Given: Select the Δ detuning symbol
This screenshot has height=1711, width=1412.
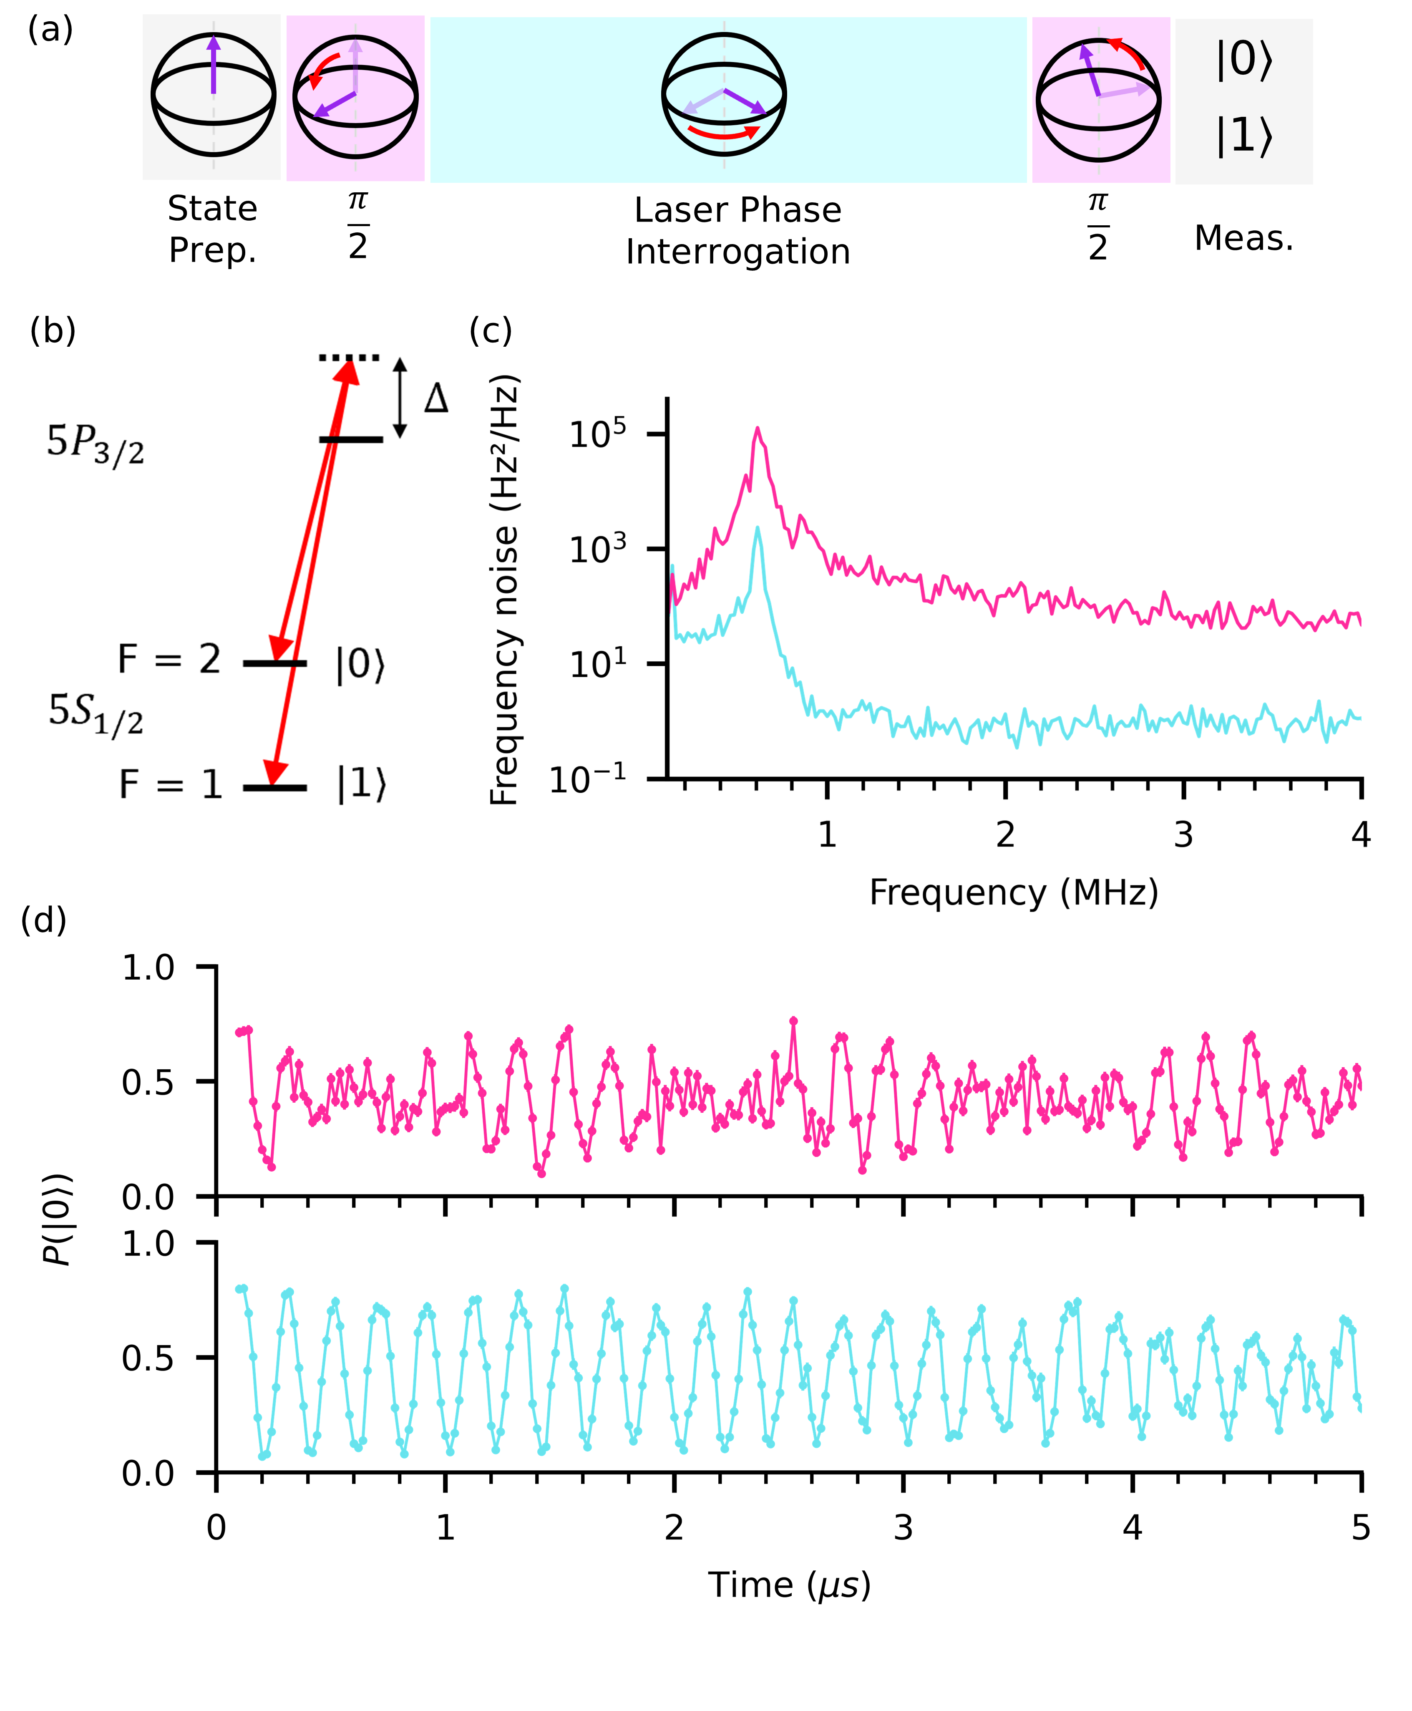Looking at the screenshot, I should point(436,399).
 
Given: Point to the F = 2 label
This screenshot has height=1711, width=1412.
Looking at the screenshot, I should point(169,659).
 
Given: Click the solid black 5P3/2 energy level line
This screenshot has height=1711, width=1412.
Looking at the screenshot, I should point(350,439).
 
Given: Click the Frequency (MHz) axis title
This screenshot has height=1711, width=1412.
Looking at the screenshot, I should point(1014,892).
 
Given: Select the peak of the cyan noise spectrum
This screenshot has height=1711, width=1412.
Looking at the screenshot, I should point(757,528).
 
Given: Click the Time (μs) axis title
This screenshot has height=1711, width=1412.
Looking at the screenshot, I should point(789,1585).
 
